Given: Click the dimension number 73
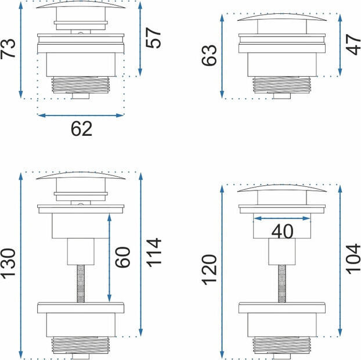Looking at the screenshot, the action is [x=8, y=49].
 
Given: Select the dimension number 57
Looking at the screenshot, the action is [x=153, y=38].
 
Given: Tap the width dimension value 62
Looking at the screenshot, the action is [x=81, y=128].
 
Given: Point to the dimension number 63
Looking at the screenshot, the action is [x=209, y=55].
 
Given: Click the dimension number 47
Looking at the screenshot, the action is [x=353, y=45].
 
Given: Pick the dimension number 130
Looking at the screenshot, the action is [x=8, y=264].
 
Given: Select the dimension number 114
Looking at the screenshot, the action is [x=154, y=253].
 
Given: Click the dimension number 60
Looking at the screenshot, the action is [x=122, y=257].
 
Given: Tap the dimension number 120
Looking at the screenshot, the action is [x=209, y=270].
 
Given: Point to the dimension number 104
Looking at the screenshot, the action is [x=353, y=259].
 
